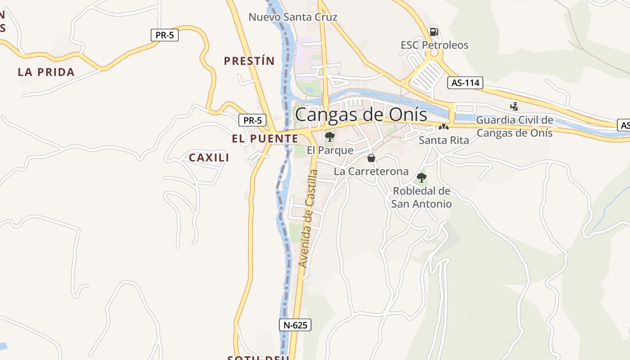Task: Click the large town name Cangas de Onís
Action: pyautogui.click(x=361, y=114)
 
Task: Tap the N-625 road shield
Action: pyautogui.click(x=295, y=325)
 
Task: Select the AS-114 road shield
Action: pyautogui.click(x=465, y=83)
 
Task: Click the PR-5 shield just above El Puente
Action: pyautogui.click(x=252, y=120)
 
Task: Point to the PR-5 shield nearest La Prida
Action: pyautogui.click(x=165, y=35)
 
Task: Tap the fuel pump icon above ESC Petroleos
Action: pyautogui.click(x=434, y=31)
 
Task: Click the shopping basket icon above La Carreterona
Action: pyautogui.click(x=371, y=158)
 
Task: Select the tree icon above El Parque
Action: pyautogui.click(x=330, y=136)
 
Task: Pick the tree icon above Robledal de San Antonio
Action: pyautogui.click(x=422, y=177)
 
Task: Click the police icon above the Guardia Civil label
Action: pyautogui.click(x=514, y=107)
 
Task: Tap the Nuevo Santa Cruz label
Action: pyautogui.click(x=293, y=17)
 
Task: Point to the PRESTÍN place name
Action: pyautogui.click(x=249, y=61)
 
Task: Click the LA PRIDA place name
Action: pyautogui.click(x=46, y=72)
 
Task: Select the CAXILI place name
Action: pyautogui.click(x=209, y=157)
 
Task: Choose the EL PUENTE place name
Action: pyautogui.click(x=265, y=139)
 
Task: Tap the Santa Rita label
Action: pyautogui.click(x=444, y=140)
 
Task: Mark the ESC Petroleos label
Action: pyautogui.click(x=434, y=45)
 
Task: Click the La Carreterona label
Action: pyautogui.click(x=371, y=171)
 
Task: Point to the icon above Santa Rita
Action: pyautogui.click(x=444, y=127)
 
